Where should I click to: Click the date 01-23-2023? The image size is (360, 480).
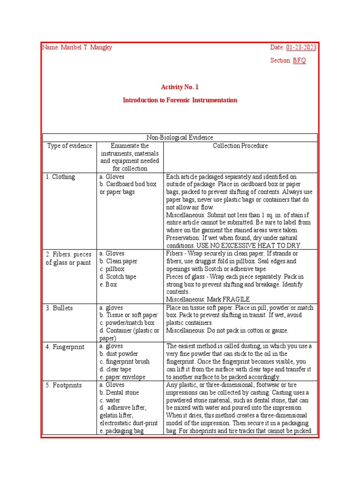[301, 47]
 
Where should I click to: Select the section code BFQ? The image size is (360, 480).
[300, 60]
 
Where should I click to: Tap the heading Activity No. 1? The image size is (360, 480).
[180, 87]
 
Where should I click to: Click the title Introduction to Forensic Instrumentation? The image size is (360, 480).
[180, 100]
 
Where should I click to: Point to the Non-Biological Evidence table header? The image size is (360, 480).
[180, 137]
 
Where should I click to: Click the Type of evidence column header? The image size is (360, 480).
[69, 146]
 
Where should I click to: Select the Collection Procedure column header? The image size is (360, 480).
[240, 146]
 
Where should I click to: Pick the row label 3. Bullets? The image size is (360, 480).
[59, 308]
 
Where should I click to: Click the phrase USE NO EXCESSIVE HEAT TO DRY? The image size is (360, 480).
[254, 246]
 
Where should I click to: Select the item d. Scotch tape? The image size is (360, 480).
[118, 277]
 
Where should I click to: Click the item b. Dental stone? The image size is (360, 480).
[119, 393]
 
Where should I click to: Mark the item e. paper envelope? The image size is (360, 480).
[122, 377]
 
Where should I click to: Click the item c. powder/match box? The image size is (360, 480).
[127, 323]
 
